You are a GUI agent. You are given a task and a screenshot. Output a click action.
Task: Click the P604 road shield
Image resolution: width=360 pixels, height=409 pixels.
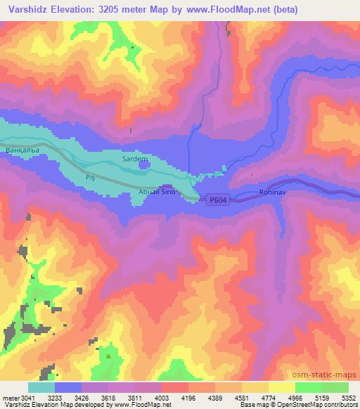coord(217,200)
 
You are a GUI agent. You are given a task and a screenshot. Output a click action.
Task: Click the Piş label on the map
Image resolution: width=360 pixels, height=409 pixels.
coord(89,178)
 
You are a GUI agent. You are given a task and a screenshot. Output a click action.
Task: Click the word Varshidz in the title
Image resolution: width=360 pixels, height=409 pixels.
coord(27,10)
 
